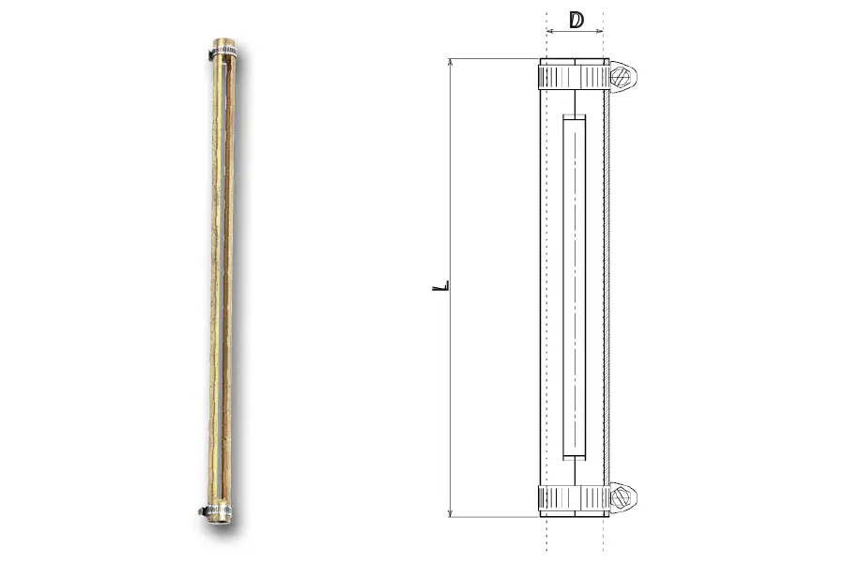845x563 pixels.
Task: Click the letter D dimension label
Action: [x=576, y=20]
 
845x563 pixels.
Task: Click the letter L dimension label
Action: [x=441, y=285]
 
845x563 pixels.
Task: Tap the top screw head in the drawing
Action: [x=621, y=76]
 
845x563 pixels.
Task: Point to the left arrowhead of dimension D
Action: [x=550, y=31]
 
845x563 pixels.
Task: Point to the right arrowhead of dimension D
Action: [x=599, y=31]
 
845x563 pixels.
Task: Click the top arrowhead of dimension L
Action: [x=451, y=63]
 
